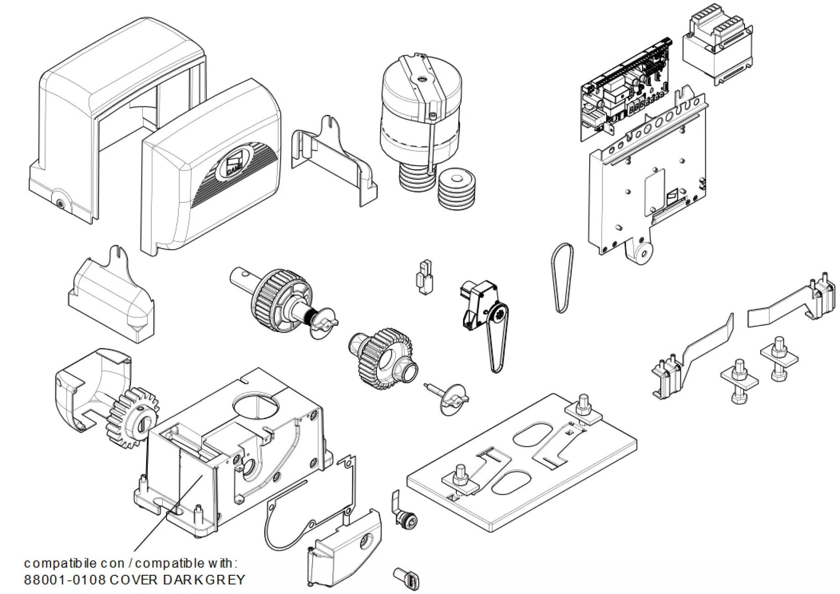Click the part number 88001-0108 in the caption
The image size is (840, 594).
tap(64, 580)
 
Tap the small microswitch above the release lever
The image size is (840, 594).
tap(424, 276)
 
